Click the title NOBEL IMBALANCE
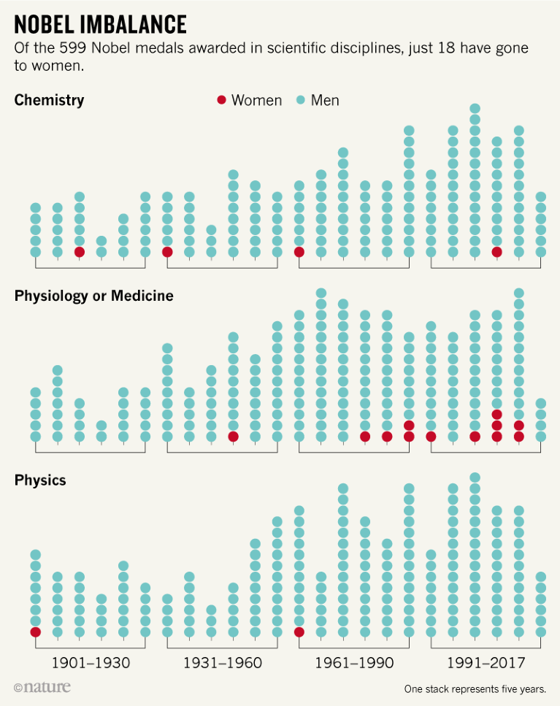100,25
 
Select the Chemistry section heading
49,100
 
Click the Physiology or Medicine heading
93,296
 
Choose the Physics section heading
40,480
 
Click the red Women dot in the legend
221,100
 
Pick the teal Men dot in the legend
301,100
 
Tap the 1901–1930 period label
91,663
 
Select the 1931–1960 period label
222,663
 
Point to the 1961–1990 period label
354,663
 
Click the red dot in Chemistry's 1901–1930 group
80,252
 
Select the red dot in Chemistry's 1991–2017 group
497,252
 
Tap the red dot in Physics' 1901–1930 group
35,632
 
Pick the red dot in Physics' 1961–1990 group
299,632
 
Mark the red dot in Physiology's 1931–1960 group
233,437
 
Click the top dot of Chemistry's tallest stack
475,109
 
